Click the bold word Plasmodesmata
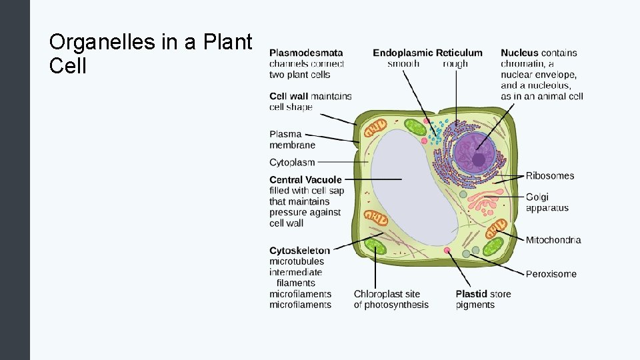point(306,53)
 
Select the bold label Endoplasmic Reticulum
point(427,53)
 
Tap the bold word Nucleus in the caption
point(519,53)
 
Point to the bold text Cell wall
point(289,96)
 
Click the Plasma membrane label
point(292,139)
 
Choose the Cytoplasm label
point(292,162)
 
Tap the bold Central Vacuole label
point(305,180)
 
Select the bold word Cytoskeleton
point(299,251)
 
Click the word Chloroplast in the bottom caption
point(378,294)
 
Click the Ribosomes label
point(549,176)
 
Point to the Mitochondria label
point(553,240)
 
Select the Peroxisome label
point(551,274)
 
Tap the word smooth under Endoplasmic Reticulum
point(403,64)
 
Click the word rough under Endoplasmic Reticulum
point(455,64)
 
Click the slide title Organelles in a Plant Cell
point(151,54)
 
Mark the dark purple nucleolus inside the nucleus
point(479,159)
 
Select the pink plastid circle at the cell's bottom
point(447,251)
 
